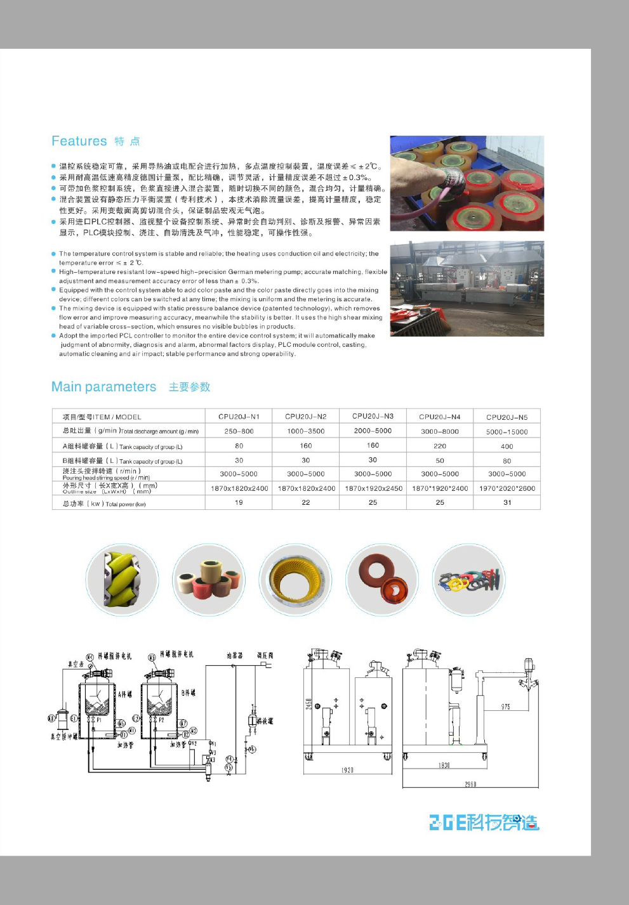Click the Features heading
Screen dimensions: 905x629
pos(79,141)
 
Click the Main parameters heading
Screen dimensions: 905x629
pos(103,387)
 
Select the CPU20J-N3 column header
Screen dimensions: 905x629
pos(373,416)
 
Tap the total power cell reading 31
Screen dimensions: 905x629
pos(507,502)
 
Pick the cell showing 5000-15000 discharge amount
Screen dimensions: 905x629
pos(507,432)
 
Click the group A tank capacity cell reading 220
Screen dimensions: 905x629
pos(440,446)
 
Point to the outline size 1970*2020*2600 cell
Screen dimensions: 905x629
pos(507,488)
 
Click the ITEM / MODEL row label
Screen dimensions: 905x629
pos(102,417)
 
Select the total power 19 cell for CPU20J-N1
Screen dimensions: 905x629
pos(239,502)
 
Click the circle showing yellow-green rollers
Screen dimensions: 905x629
pos(122,579)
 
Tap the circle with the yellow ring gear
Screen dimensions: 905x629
pos(295,579)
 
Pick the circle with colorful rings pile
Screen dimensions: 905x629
pos(469,579)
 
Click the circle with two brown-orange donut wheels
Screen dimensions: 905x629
pos(382,579)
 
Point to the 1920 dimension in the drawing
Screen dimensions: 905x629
pos(347,770)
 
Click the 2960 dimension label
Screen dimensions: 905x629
pos(470,785)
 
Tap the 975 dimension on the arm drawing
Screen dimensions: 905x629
pos(505,706)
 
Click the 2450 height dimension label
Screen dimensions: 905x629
pos(309,704)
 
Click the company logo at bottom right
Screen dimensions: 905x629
pos(484,822)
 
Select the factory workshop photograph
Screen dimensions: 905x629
pos(467,289)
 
